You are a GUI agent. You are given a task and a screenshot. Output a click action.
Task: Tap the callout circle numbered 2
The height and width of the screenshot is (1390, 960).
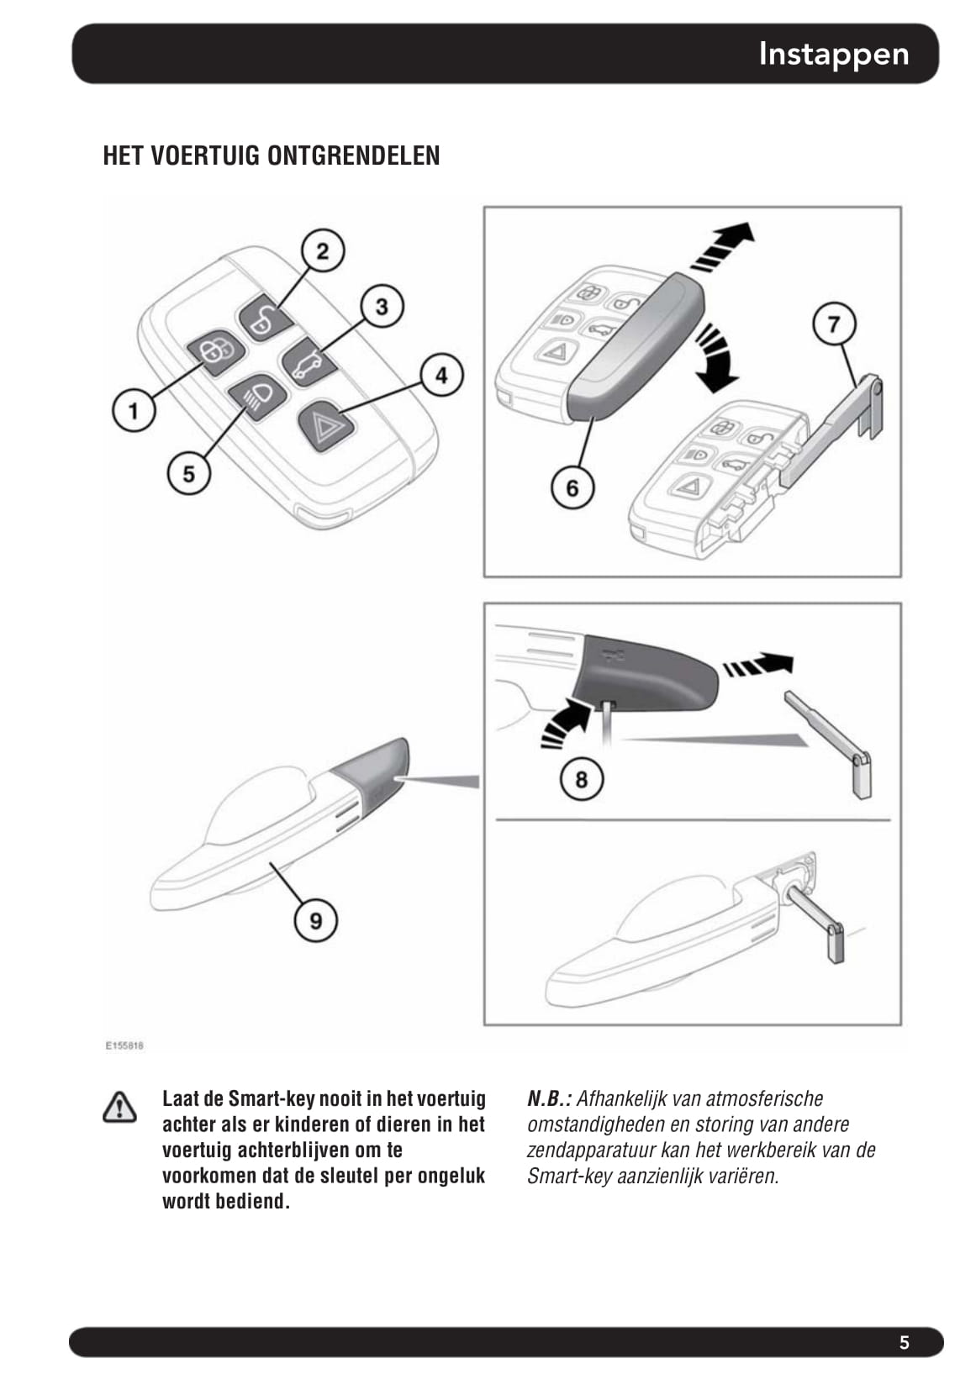tap(323, 250)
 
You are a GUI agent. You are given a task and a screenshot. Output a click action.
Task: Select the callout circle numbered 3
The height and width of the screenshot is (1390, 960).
tap(382, 306)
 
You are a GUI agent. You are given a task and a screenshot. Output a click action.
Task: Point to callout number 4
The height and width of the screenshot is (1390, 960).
tap(441, 375)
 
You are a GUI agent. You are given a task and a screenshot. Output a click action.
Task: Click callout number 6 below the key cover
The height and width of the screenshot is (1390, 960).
tap(572, 487)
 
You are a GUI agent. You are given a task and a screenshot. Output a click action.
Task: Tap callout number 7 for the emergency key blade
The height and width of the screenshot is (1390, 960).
tap(834, 324)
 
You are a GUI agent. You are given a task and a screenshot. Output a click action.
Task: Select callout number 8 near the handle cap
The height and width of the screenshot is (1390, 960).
tap(582, 779)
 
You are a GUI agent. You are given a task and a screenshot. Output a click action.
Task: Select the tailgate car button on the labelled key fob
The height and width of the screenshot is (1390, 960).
tap(308, 362)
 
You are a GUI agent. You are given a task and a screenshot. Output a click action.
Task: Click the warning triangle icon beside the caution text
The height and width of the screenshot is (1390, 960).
tap(119, 1108)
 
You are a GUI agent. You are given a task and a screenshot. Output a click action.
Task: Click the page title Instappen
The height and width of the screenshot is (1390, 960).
tap(833, 54)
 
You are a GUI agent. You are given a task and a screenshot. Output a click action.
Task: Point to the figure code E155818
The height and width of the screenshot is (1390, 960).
tap(124, 1045)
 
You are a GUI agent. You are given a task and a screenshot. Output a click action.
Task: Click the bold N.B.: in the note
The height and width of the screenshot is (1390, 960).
tap(549, 1098)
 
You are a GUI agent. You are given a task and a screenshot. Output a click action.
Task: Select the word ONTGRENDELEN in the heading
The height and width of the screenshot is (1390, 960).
tap(353, 155)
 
